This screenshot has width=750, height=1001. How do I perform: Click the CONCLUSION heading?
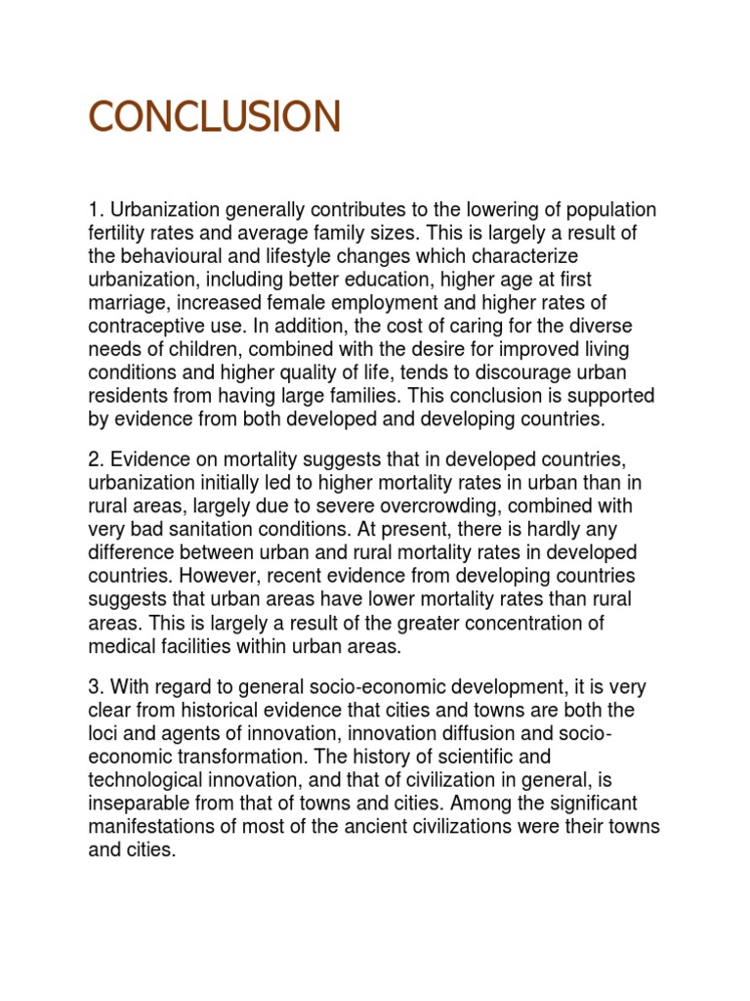point(215,116)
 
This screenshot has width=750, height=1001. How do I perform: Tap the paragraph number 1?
point(94,211)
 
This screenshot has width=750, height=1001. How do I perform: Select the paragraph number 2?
point(94,459)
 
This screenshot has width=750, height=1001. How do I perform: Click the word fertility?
point(119,234)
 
